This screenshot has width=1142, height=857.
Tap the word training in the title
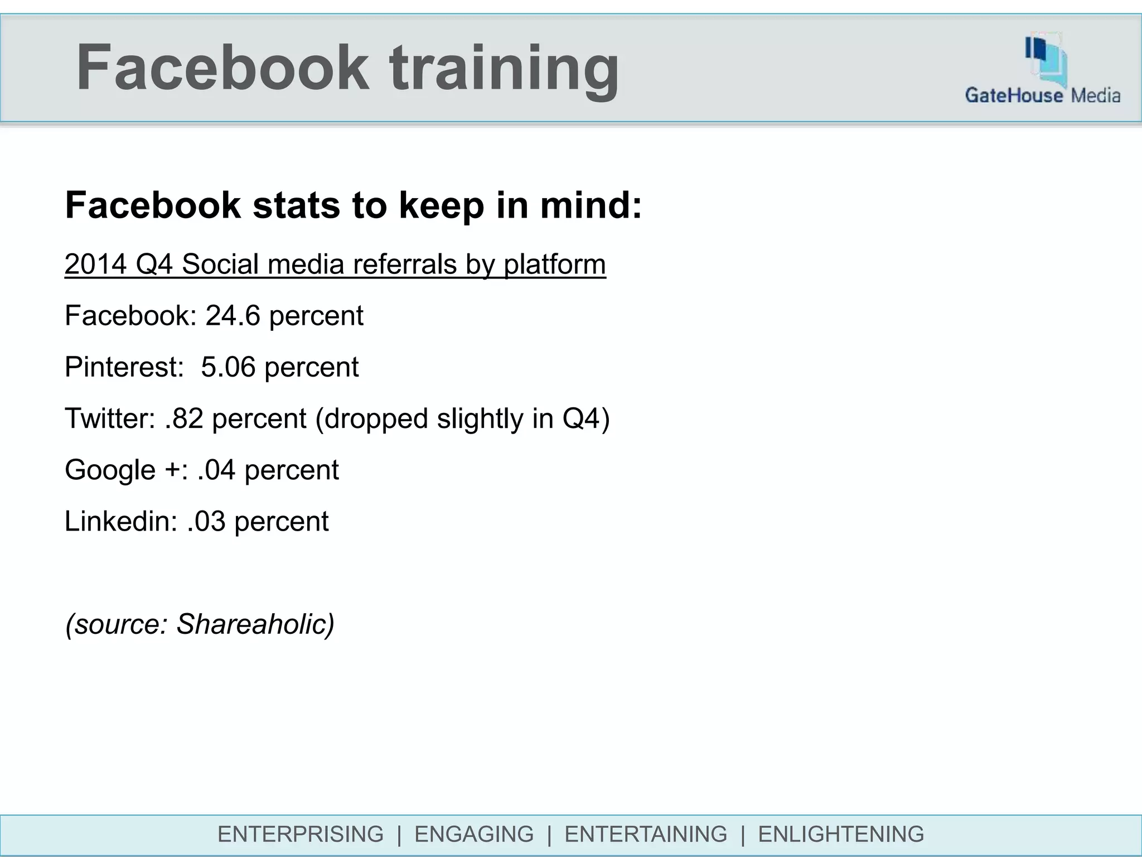point(504,70)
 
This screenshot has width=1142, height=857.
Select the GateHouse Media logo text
point(1042,95)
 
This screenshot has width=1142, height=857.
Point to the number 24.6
point(233,316)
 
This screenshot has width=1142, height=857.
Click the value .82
point(184,418)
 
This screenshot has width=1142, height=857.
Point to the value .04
point(216,470)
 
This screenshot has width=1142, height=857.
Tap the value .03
point(206,521)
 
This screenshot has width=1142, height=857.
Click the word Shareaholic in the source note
point(254,624)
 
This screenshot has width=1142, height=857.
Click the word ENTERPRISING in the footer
point(301,834)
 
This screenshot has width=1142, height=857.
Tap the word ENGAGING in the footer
point(474,834)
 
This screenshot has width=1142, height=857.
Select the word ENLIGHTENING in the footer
point(841,834)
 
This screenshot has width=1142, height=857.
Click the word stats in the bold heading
point(296,205)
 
